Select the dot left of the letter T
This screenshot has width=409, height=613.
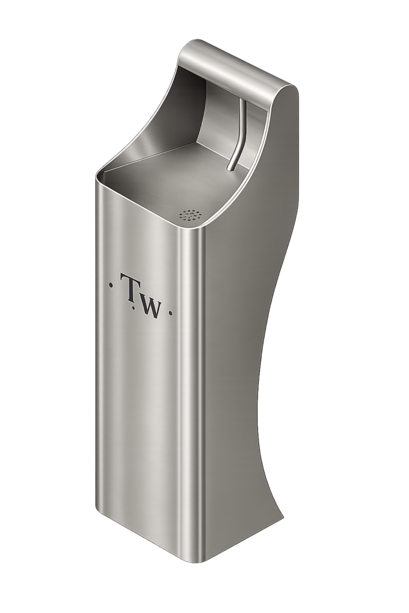pos(111,284)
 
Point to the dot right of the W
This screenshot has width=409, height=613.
pos(170,312)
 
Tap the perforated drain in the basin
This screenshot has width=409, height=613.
pos(190,216)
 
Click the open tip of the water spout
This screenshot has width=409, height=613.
pos(231,169)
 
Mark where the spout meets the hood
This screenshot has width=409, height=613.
pos(242,100)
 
